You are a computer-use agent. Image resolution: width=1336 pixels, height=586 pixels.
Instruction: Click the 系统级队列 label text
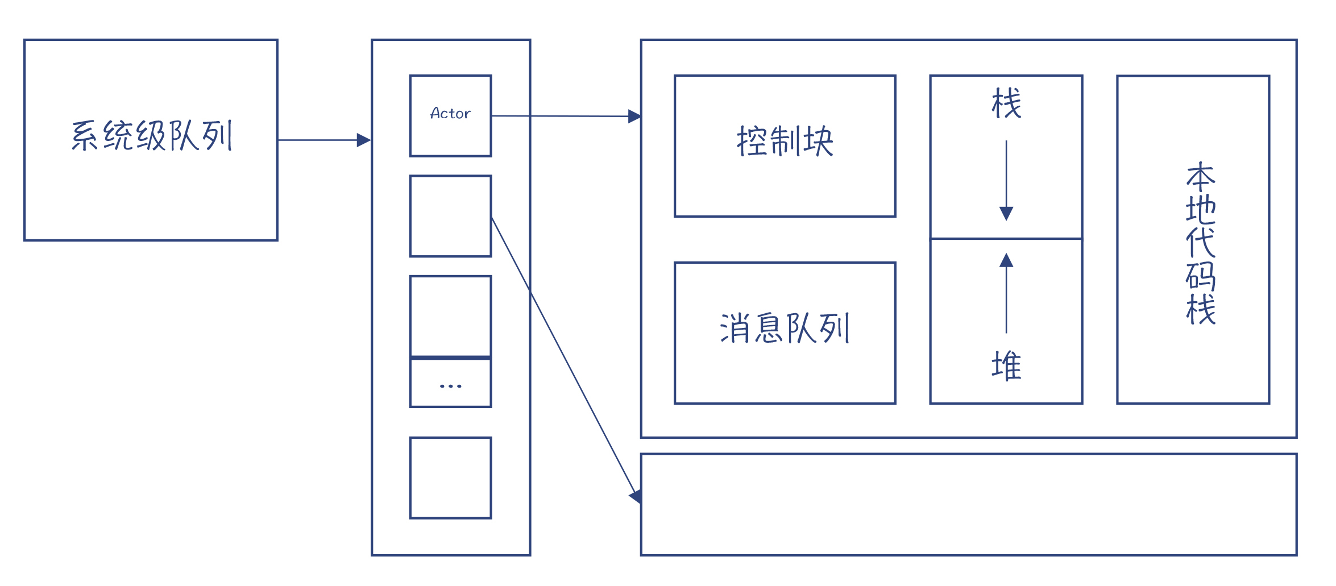[x=152, y=136]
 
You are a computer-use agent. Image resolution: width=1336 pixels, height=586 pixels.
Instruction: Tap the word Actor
[x=450, y=114]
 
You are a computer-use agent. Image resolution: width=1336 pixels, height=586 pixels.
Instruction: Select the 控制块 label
[x=785, y=141]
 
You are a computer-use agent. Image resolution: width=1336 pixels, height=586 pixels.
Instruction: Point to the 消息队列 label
[x=785, y=328]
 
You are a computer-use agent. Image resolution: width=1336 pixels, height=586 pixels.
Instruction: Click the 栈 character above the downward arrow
[x=1006, y=103]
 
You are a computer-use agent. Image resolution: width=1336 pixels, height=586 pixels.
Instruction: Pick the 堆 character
[x=1006, y=365]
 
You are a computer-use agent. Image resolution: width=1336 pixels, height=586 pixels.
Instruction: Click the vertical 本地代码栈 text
[x=1200, y=243]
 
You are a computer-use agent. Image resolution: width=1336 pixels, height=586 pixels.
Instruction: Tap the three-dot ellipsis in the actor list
[x=450, y=386]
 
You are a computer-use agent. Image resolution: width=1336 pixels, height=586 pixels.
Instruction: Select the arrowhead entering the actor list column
[x=364, y=140]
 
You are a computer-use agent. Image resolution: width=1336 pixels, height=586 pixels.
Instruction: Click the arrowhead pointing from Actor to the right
[x=634, y=117]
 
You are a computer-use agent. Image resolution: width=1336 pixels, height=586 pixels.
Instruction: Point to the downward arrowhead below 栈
[x=1006, y=214]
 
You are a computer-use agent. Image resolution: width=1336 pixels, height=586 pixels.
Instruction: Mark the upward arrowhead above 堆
[x=1006, y=260]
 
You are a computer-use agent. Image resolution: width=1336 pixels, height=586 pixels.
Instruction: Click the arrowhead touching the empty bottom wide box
[x=636, y=496]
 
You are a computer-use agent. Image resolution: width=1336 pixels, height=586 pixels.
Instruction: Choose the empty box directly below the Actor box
[x=450, y=216]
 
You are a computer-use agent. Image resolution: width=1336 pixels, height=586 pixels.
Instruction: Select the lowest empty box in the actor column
[x=450, y=478]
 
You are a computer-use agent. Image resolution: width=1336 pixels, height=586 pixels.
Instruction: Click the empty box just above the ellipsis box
[x=450, y=316]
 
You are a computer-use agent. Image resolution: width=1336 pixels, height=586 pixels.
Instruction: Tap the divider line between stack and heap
[x=1006, y=239]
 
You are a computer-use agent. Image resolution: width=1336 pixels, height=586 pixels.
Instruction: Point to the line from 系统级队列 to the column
[x=318, y=140]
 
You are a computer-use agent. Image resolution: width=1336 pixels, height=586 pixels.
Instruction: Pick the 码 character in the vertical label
[x=1200, y=276]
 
